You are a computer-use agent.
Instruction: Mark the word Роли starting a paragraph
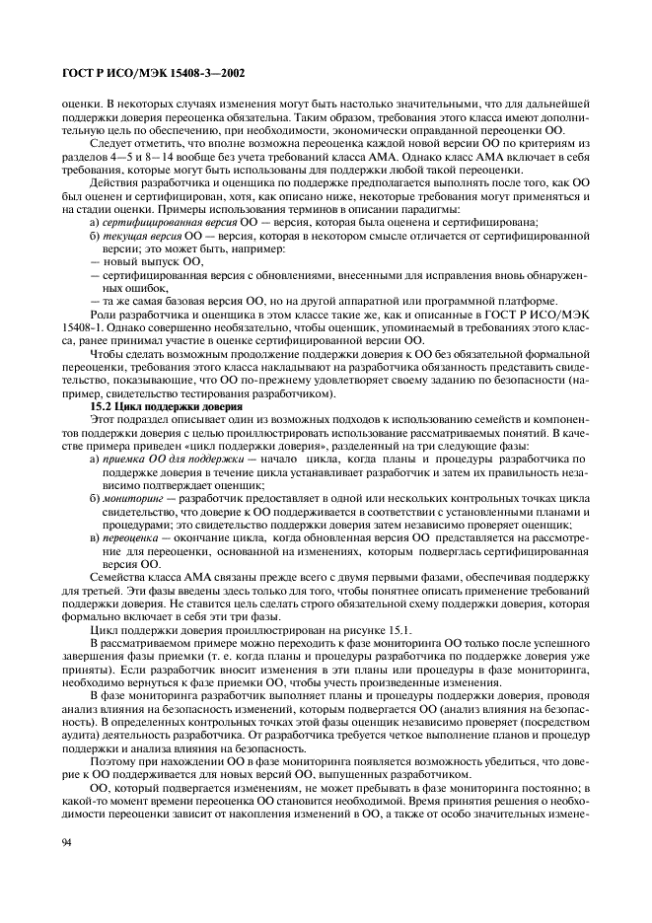click(105, 314)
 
